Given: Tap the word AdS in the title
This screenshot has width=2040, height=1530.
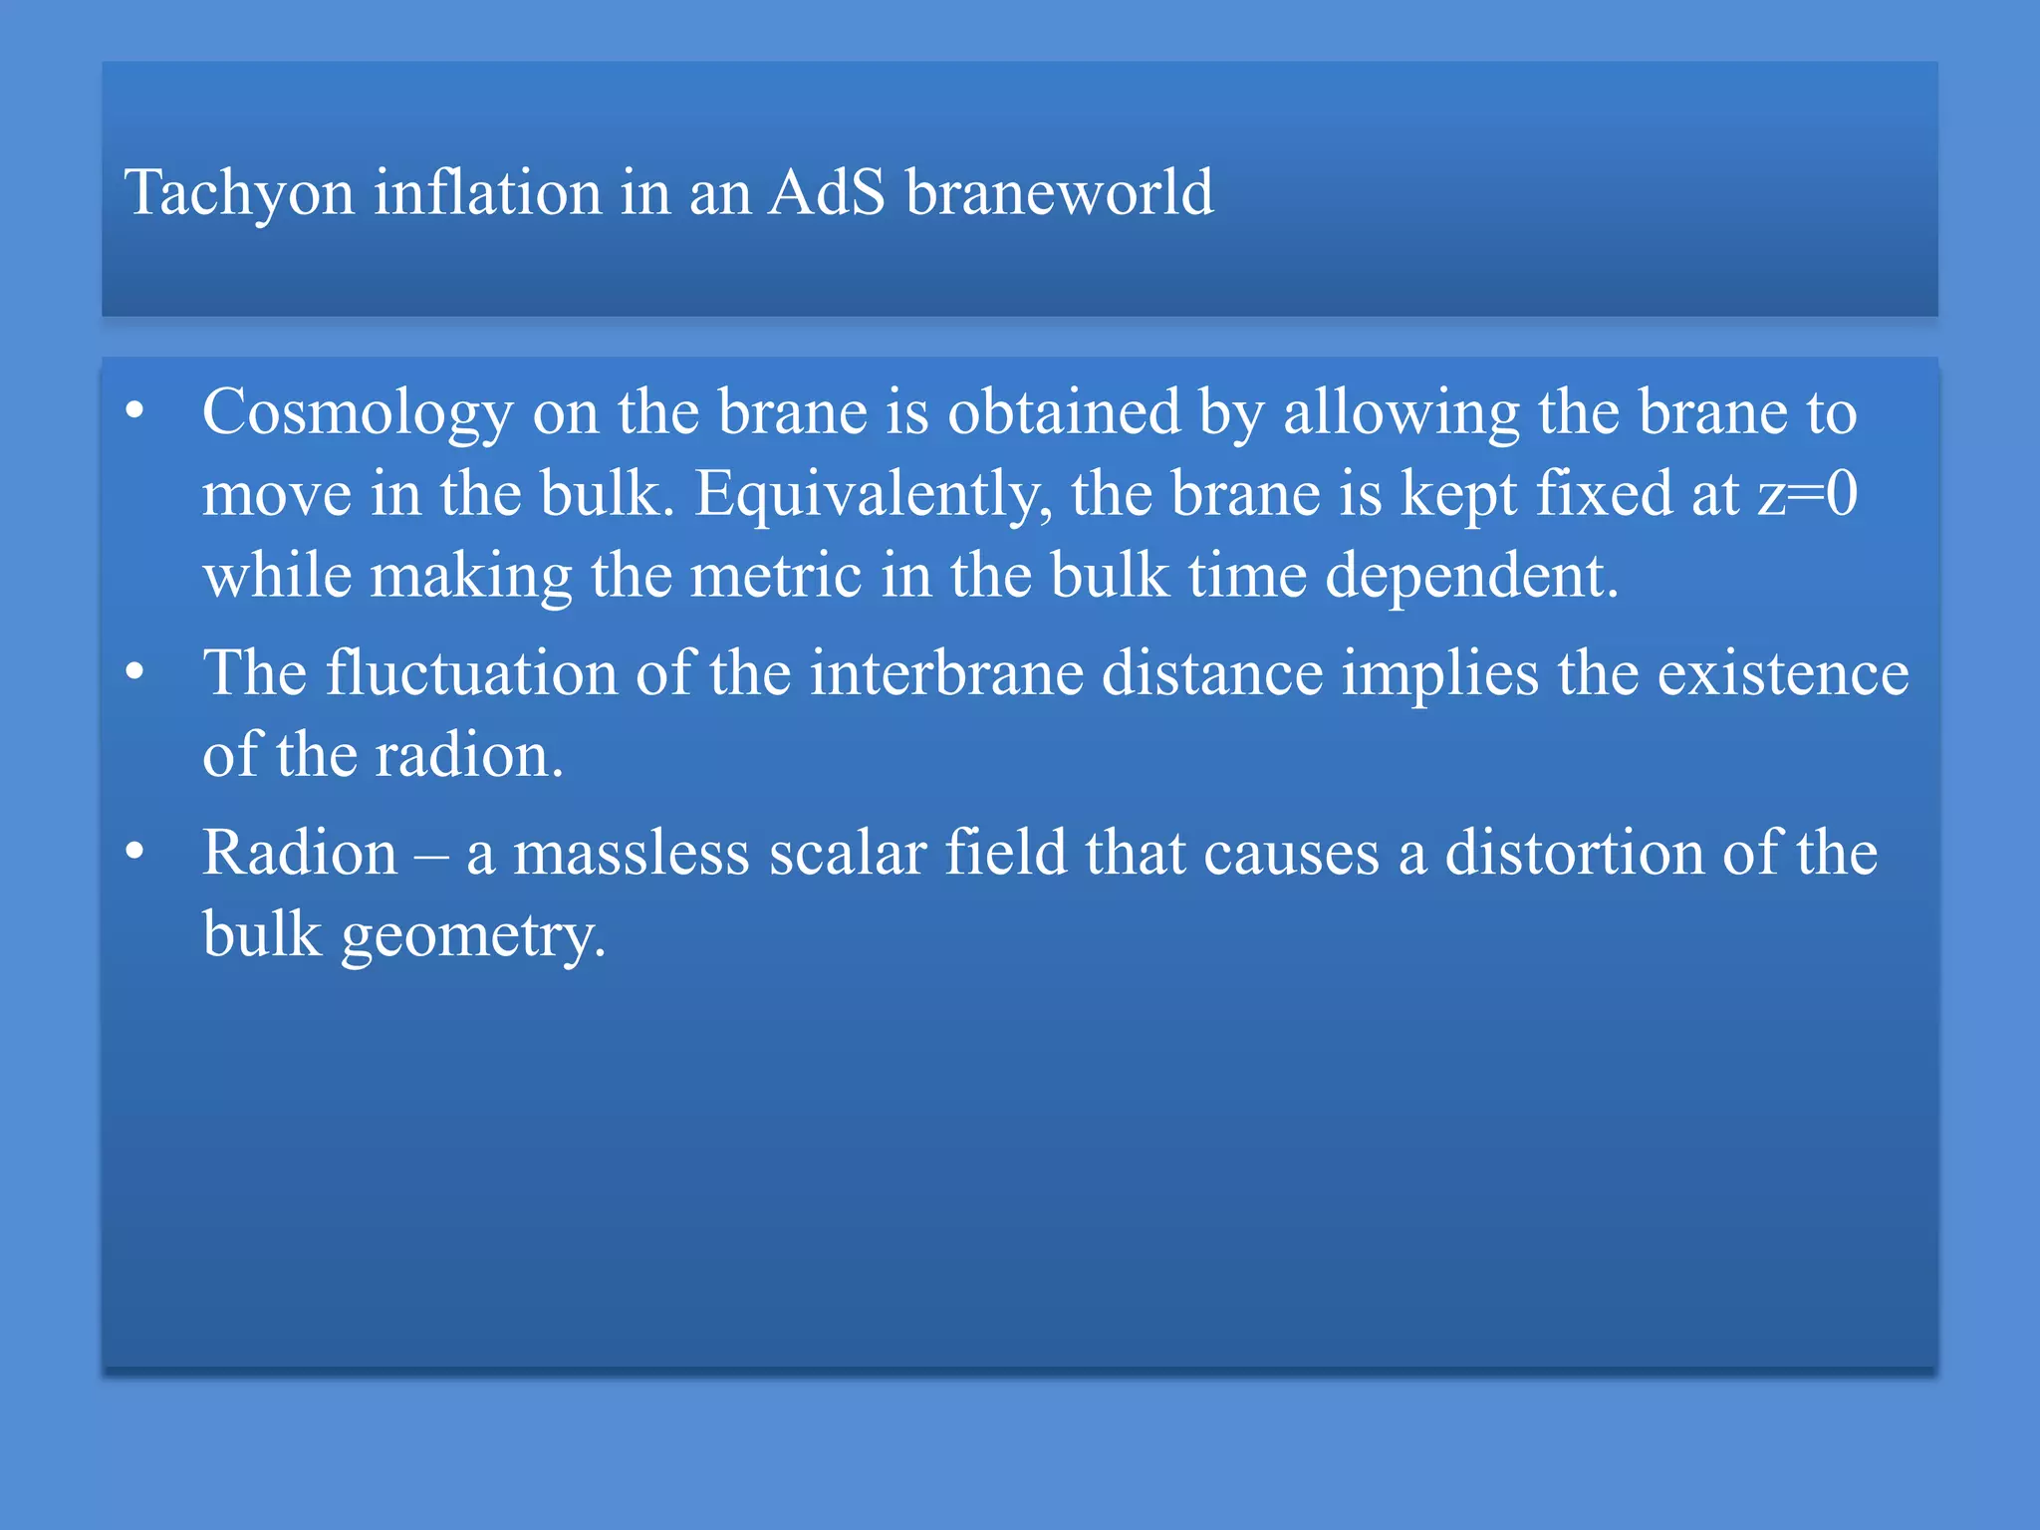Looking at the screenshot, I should (826, 191).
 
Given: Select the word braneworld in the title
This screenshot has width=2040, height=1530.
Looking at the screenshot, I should (1059, 191).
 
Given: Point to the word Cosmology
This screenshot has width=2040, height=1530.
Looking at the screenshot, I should (357, 412).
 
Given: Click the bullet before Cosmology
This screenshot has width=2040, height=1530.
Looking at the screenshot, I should (135, 411).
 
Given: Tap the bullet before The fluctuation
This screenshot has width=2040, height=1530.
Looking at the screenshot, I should (135, 672).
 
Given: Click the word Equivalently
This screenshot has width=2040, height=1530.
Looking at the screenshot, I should (873, 494).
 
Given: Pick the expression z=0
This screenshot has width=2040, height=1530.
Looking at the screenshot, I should (1807, 493).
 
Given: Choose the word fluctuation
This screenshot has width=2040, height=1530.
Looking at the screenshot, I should (471, 672).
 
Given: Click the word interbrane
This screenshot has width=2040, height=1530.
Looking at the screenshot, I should (945, 672).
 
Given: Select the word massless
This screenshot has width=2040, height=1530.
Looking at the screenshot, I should (631, 854).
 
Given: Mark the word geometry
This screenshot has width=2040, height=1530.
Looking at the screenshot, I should (472, 936).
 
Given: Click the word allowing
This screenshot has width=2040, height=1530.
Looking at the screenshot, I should (1401, 412).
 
